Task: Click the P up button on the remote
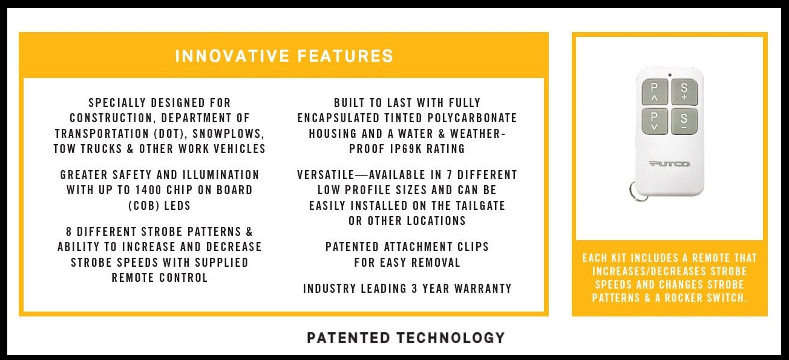click(x=655, y=92)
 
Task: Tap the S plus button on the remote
click(x=684, y=92)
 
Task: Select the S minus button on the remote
click(x=684, y=122)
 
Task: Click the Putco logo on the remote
click(x=669, y=164)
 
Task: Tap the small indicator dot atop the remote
click(x=670, y=75)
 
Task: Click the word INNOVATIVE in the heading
click(x=232, y=56)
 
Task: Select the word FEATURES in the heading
click(x=345, y=56)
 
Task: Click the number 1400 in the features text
click(x=148, y=190)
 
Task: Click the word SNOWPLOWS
click(x=229, y=134)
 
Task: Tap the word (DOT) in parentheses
click(x=169, y=134)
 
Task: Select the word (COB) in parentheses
click(x=143, y=206)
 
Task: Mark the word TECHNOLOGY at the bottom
click(x=451, y=338)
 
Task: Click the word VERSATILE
click(x=326, y=175)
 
